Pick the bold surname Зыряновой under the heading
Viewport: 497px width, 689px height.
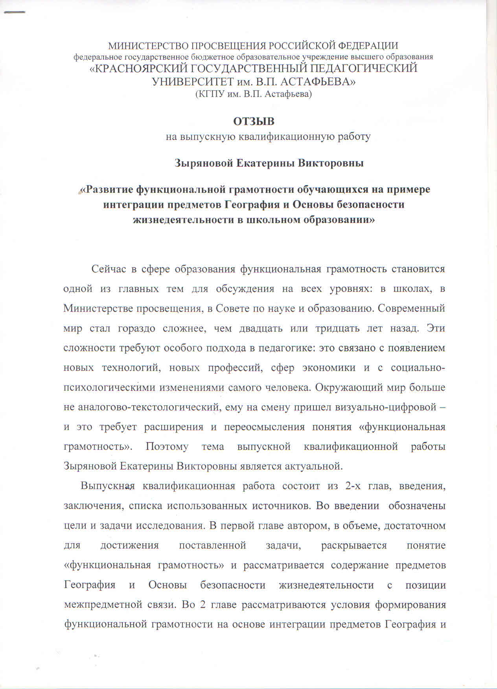click(203, 163)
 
